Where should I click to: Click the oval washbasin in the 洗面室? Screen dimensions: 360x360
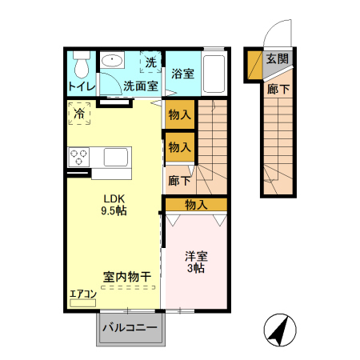[x=112, y=62]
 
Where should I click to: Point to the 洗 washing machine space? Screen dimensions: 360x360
[x=150, y=61]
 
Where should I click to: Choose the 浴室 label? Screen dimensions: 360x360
[x=182, y=74]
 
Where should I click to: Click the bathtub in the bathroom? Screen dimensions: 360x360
[x=214, y=74]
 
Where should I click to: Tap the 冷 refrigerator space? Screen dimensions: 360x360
[x=79, y=114]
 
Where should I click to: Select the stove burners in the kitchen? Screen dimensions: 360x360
[x=79, y=156]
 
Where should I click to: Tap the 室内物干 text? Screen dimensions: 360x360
[x=127, y=276]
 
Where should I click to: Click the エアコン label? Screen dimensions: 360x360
[x=82, y=294]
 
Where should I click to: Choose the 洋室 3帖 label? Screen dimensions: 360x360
[x=196, y=262]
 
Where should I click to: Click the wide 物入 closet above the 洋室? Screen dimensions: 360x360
[x=196, y=205]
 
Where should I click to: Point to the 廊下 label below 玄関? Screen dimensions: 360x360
[x=277, y=90]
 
